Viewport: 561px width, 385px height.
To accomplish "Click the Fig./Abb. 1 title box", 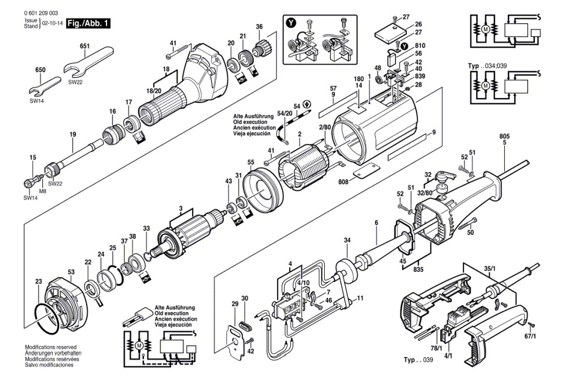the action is click(x=88, y=24).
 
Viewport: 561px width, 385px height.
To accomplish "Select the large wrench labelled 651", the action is click(x=88, y=61).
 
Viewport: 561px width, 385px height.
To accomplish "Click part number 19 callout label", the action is click(x=73, y=134).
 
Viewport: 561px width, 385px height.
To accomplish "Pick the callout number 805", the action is click(x=504, y=136).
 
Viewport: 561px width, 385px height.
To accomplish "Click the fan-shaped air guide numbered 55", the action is click(x=262, y=191).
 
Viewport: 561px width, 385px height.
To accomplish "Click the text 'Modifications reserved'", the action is click(x=51, y=347).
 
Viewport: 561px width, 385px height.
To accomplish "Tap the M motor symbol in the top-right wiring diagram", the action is click(x=485, y=29).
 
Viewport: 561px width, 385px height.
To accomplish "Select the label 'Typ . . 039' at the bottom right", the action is click(x=418, y=360).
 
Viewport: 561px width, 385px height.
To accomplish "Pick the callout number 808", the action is click(x=343, y=181).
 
